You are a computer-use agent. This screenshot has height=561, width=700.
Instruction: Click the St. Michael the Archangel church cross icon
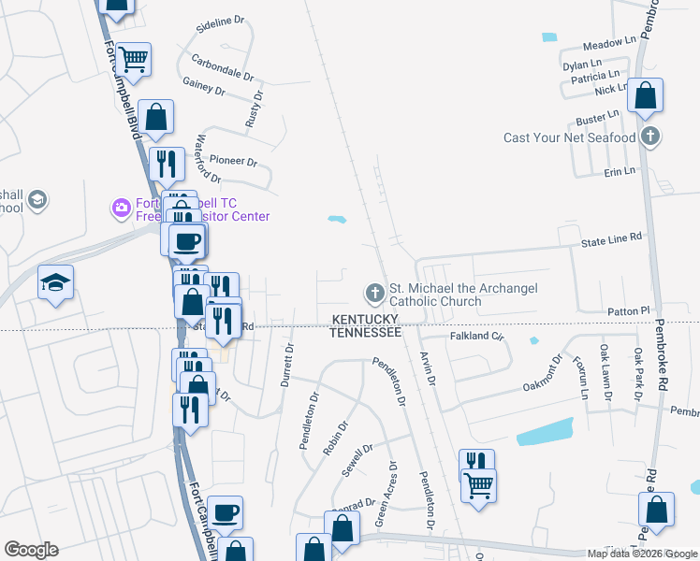tap(374, 295)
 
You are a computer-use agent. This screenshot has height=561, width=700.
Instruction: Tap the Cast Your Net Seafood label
tap(570, 137)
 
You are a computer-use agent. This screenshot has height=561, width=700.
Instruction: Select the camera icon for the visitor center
tap(121, 207)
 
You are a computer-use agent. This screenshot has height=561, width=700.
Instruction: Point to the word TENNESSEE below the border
tap(366, 332)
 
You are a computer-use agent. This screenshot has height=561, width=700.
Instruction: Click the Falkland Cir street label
tap(477, 336)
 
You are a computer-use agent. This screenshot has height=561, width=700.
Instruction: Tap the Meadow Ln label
tap(608, 44)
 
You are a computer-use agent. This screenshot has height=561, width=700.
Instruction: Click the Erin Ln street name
tap(620, 171)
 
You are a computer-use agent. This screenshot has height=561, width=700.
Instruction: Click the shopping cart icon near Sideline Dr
tap(134, 59)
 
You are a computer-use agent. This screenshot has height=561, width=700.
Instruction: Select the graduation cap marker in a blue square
tap(55, 281)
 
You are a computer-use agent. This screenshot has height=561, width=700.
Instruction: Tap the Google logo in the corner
tap(31, 550)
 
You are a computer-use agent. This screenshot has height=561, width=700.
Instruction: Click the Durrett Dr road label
tap(287, 364)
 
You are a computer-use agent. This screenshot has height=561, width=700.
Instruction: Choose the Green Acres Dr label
tap(386, 493)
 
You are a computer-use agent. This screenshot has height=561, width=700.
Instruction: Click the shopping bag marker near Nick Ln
tap(645, 95)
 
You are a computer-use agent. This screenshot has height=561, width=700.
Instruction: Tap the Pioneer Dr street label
tap(233, 161)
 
